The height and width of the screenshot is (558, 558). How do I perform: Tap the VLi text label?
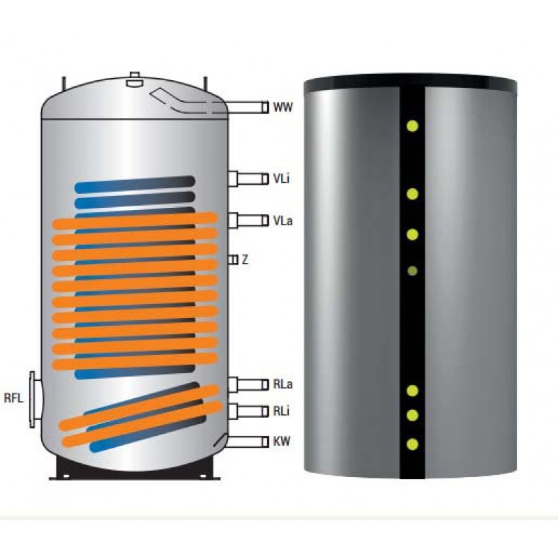click(282, 179)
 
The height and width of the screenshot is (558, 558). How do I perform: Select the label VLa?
click(282, 220)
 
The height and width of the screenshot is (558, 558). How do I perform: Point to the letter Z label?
click(245, 259)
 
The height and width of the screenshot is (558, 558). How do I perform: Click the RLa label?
click(282, 384)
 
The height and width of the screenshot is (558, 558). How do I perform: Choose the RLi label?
click(281, 411)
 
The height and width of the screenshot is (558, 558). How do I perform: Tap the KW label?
click(282, 442)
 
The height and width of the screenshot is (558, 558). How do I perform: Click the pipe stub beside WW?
click(248, 107)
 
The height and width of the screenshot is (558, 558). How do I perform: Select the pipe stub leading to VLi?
click(248, 179)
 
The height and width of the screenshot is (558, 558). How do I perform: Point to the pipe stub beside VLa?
click(248, 220)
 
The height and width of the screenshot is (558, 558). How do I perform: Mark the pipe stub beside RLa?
click(248, 384)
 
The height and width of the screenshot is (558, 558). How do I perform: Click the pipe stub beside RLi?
click(248, 411)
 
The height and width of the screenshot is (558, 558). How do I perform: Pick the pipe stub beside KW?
click(248, 442)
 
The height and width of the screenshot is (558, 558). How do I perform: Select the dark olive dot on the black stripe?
click(413, 271)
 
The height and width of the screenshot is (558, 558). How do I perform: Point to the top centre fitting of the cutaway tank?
click(135, 80)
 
